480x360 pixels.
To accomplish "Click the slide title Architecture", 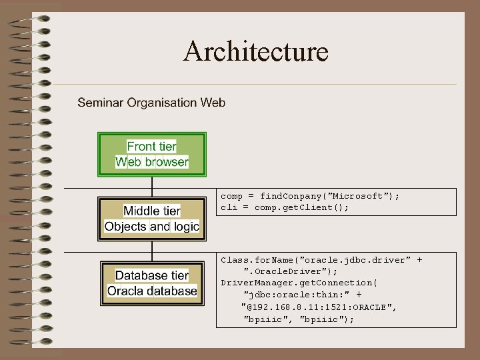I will coord(256,51).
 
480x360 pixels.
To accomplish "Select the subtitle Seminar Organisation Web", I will coord(151,103).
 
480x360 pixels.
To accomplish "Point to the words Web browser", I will coord(152,162).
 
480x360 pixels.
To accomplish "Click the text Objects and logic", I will coord(152,227).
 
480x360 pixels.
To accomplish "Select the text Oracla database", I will coord(152,291).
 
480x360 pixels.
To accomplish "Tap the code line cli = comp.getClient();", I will coord(285,207).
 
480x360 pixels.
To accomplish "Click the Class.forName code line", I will coord(321,260).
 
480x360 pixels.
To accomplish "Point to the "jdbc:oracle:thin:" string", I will coord(303,295).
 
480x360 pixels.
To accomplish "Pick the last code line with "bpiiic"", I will coord(299,319).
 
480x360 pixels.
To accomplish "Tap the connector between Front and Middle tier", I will coord(152,186).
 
